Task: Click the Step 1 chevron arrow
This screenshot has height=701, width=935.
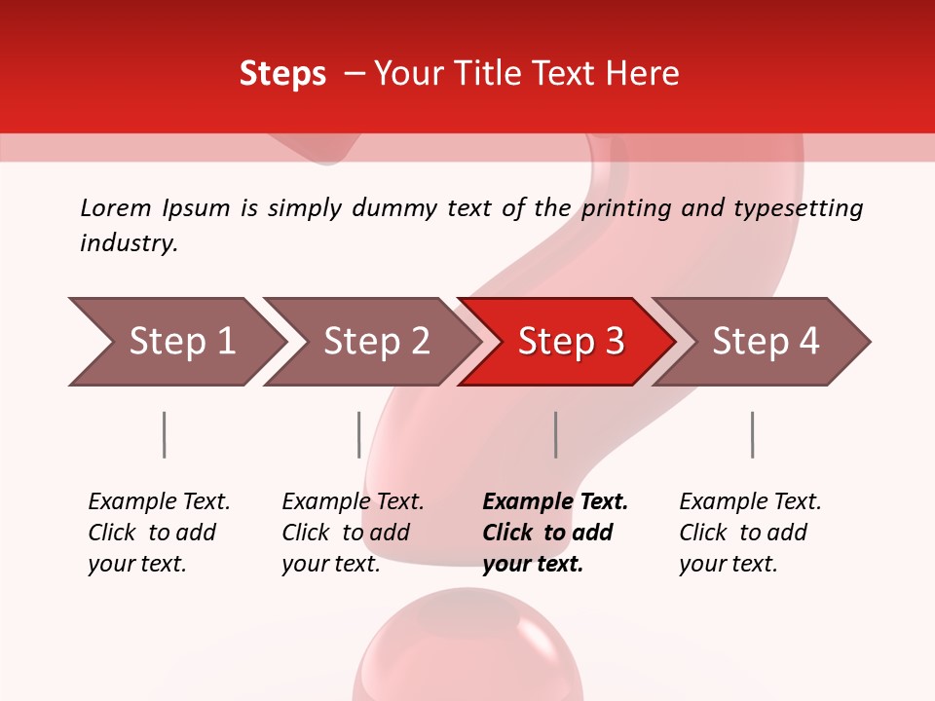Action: click(175, 342)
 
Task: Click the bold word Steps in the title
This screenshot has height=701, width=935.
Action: click(282, 74)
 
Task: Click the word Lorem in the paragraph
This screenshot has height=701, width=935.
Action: click(116, 208)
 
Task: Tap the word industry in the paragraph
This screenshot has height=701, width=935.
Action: click(129, 242)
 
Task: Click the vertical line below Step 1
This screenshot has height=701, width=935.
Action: click(165, 434)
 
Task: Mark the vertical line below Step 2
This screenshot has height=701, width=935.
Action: click(359, 434)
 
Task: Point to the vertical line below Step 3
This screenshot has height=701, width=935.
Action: click(555, 434)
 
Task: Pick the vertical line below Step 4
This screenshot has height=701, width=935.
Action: click(752, 434)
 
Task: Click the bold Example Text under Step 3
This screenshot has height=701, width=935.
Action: click(555, 502)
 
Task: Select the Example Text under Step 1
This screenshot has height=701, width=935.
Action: click(159, 502)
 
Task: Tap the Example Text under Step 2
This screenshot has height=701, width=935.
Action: click(353, 502)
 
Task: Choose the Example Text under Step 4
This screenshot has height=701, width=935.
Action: click(750, 502)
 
